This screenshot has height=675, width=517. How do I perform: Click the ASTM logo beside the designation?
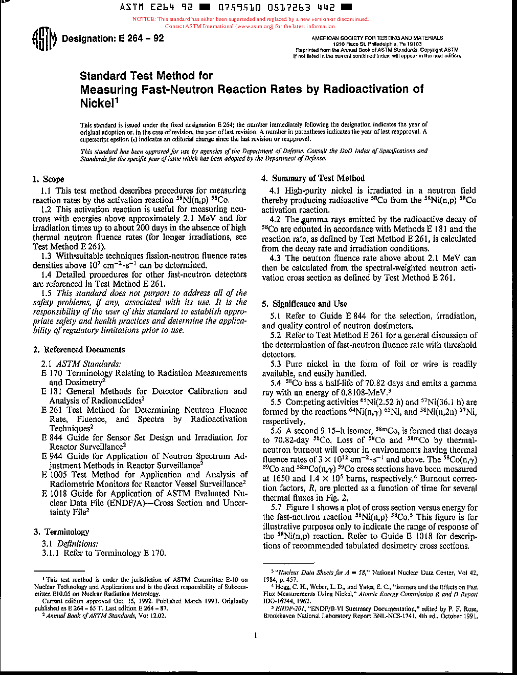[x=43, y=40]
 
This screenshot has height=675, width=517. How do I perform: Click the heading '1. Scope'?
[x=48, y=179]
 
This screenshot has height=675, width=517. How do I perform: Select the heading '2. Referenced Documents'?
[x=79, y=350]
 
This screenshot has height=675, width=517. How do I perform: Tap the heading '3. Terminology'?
[x=61, y=532]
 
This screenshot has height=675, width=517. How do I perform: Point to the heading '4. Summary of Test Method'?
[x=313, y=178]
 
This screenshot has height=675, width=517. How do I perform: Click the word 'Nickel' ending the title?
[x=97, y=103]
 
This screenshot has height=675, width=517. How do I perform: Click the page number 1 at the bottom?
[x=255, y=636]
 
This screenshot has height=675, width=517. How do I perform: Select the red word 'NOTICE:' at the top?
[x=144, y=19]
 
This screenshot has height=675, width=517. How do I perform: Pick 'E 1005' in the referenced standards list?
[x=55, y=475]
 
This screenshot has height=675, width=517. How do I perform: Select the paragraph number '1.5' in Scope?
[x=47, y=293]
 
